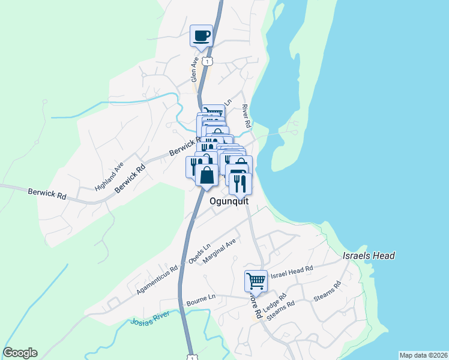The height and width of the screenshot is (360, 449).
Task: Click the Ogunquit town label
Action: pos(229,202)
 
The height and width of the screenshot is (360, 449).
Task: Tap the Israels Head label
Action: pos(369,256)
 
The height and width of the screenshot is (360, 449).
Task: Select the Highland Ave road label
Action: pos(109,176)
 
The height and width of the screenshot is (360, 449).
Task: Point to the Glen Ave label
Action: pos(194,70)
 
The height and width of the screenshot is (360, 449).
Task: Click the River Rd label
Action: pos(246,116)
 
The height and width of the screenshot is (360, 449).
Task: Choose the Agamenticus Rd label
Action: pos(157,280)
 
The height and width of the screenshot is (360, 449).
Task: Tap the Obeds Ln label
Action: pos(199,254)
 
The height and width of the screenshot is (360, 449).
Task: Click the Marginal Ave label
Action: pos(220,252)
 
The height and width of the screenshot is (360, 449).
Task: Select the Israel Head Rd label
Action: pos(292,273)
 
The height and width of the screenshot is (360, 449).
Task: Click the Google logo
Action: pos(20,353)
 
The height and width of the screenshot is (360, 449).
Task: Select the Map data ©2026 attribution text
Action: pos(423,355)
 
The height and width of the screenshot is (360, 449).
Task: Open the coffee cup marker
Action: pos(202,35)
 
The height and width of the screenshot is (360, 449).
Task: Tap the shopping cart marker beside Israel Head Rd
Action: pos(256,280)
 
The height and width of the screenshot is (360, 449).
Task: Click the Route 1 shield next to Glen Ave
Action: pos(207,62)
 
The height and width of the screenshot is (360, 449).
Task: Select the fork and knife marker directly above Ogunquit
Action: pos(241,184)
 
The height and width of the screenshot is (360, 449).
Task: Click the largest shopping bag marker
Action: pos(206,175)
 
